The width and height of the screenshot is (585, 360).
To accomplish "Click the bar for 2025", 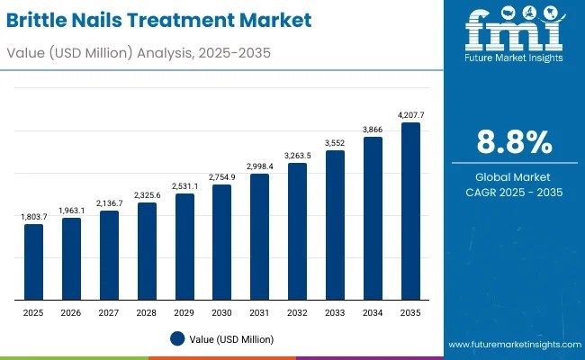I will click(x=33, y=261).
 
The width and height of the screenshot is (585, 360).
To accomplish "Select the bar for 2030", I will click(x=221, y=241).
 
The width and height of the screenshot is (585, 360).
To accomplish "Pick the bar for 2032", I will click(x=297, y=230).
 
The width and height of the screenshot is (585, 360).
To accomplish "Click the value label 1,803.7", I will click(x=33, y=217).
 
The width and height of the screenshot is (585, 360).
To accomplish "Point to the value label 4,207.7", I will click(x=409, y=115).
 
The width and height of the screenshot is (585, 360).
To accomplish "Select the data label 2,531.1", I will click(x=184, y=186).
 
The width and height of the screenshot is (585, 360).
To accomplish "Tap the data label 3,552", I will click(x=335, y=143).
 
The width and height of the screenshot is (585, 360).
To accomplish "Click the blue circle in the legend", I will click(x=177, y=338).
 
